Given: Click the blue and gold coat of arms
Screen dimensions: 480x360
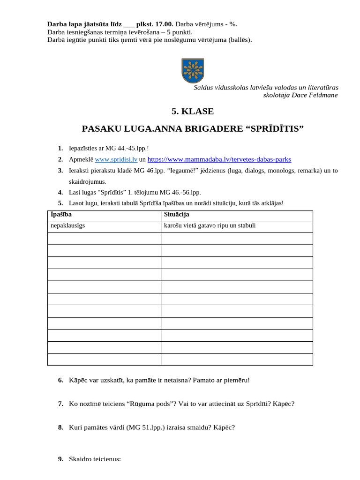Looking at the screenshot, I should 192,70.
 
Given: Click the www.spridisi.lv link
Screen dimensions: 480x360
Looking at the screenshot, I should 116,159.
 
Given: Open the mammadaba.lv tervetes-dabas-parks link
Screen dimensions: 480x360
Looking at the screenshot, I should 219,159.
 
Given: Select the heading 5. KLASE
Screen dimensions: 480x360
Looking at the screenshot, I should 192,112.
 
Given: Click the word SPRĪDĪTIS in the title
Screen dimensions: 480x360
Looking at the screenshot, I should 275,129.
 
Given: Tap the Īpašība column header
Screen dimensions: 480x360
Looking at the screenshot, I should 61,215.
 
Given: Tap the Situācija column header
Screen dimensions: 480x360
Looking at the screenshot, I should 176,215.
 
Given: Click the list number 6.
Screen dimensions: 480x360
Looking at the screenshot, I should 60,380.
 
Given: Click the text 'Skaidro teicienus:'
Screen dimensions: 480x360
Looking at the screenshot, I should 95,459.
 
